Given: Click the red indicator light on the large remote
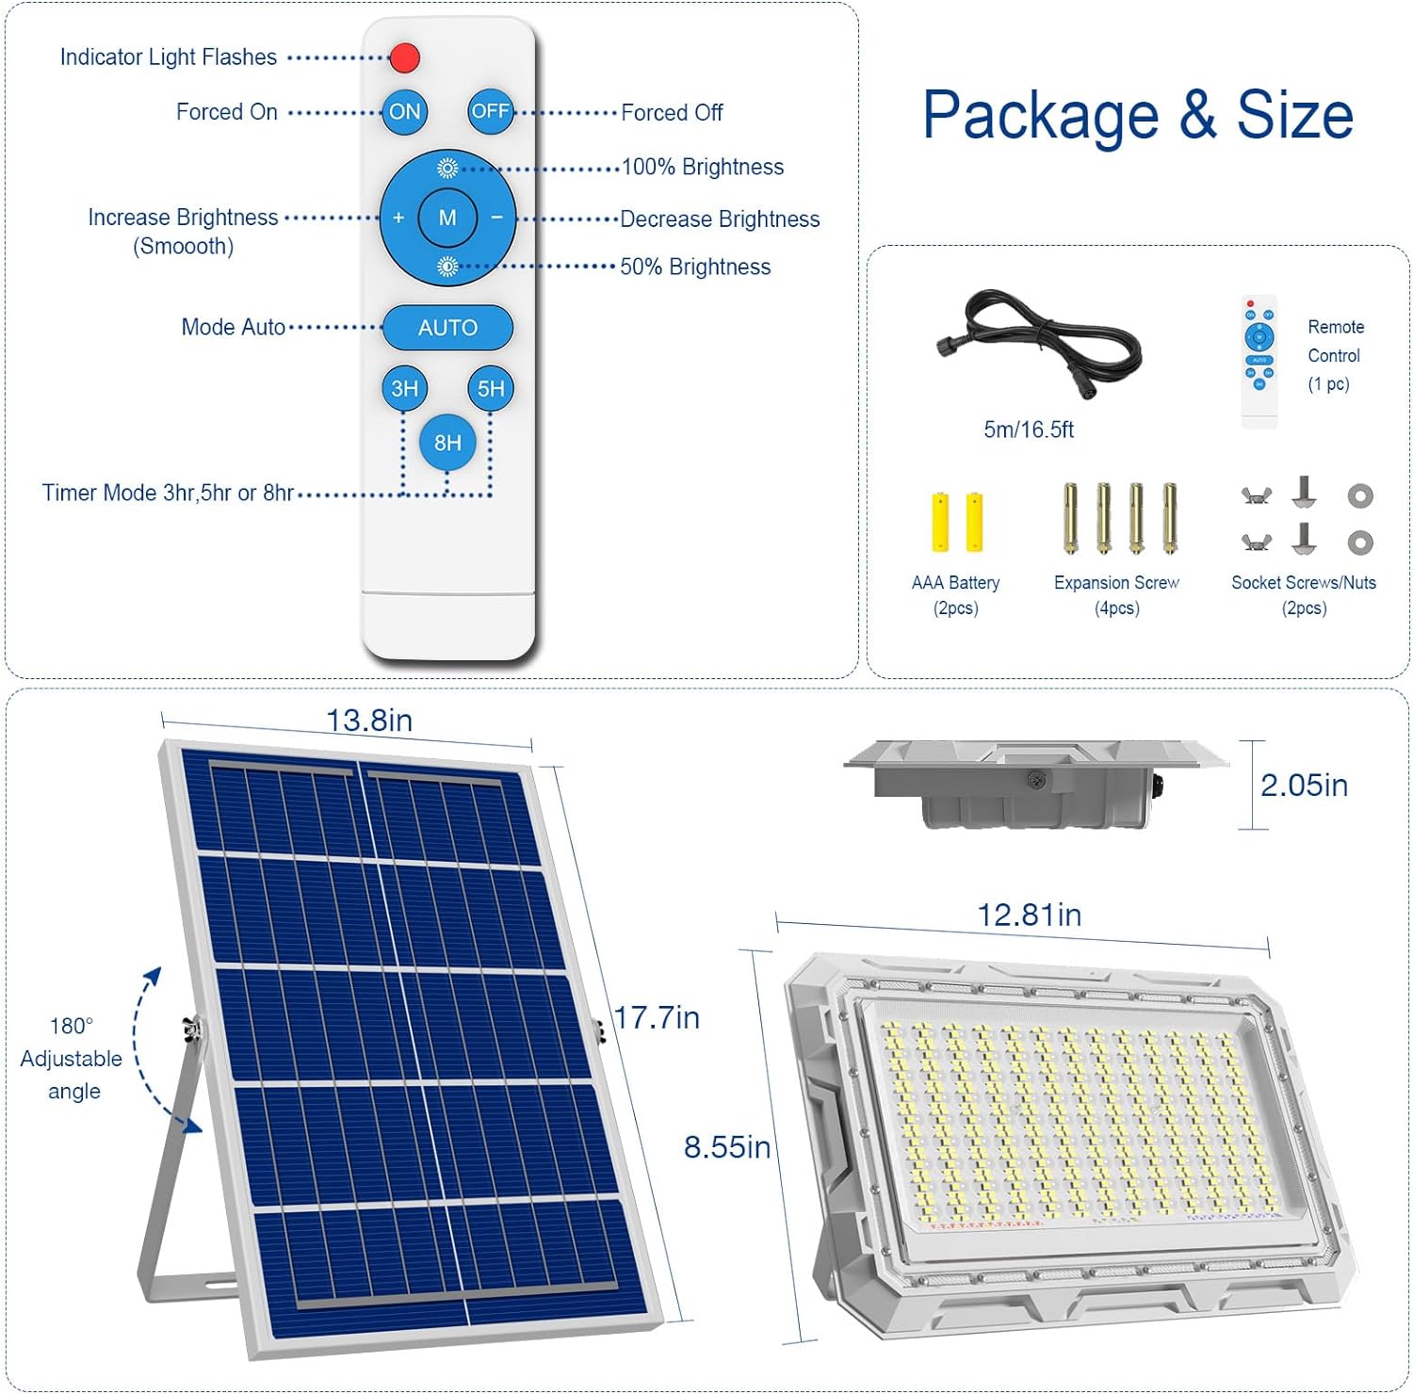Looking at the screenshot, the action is [404, 57].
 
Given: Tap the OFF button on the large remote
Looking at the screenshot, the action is [491, 111].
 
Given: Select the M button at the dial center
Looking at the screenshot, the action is [447, 218].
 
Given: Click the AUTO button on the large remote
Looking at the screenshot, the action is [447, 328].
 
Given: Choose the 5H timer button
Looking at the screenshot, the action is [491, 388].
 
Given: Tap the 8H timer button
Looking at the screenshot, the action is [447, 443].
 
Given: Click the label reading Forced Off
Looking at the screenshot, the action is [672, 113].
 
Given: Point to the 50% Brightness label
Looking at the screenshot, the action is [695, 267].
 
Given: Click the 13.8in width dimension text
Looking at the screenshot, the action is [369, 721].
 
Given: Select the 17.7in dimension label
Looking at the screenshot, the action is [657, 1017].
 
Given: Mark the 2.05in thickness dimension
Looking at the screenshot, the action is [1304, 786].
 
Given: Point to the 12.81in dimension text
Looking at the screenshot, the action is [1030, 915].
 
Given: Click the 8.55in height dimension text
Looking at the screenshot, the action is [726, 1147].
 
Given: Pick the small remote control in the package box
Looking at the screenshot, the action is [1259, 362].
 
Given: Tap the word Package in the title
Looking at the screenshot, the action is [1040, 117].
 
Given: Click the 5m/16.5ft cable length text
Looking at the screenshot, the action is [1029, 430].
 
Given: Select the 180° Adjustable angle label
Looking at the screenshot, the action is [72, 1059].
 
